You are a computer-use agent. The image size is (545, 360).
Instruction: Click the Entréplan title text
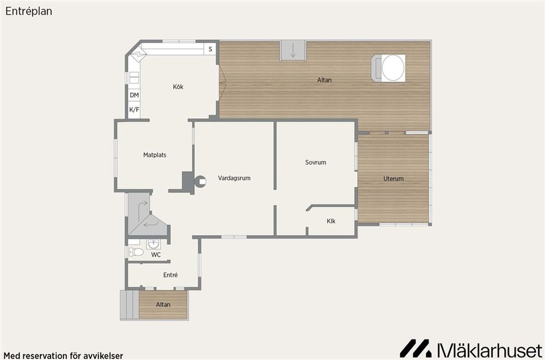[x=29, y=11]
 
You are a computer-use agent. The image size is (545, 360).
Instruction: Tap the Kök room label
[x=178, y=87]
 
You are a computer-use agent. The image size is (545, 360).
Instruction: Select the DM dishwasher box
[x=134, y=95]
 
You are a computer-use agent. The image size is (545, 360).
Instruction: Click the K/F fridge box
[x=134, y=110]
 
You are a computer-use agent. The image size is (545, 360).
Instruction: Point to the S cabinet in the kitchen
[x=210, y=49]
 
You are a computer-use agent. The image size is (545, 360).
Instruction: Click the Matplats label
[x=154, y=154]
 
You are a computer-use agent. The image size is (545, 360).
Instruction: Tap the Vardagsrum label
[x=234, y=178]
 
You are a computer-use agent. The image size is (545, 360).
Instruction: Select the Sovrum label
[x=316, y=162]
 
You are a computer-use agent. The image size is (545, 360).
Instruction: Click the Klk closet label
[x=331, y=221]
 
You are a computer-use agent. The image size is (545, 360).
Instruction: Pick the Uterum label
[x=393, y=179]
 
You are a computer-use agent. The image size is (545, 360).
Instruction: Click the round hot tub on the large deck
[x=393, y=68]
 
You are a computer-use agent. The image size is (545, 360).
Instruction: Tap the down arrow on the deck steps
[x=293, y=51]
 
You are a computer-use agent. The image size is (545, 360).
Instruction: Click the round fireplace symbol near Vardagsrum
[x=200, y=182]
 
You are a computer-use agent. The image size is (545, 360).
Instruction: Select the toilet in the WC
[x=135, y=252]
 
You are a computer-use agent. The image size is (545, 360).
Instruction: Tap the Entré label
[x=170, y=275]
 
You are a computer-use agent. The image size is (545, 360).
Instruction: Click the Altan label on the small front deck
[x=163, y=305]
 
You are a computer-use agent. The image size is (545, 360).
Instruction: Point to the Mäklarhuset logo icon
[x=416, y=348]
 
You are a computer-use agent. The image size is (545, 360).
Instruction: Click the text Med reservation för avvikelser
[x=63, y=355]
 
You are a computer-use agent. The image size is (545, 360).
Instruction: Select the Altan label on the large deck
[x=324, y=80]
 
